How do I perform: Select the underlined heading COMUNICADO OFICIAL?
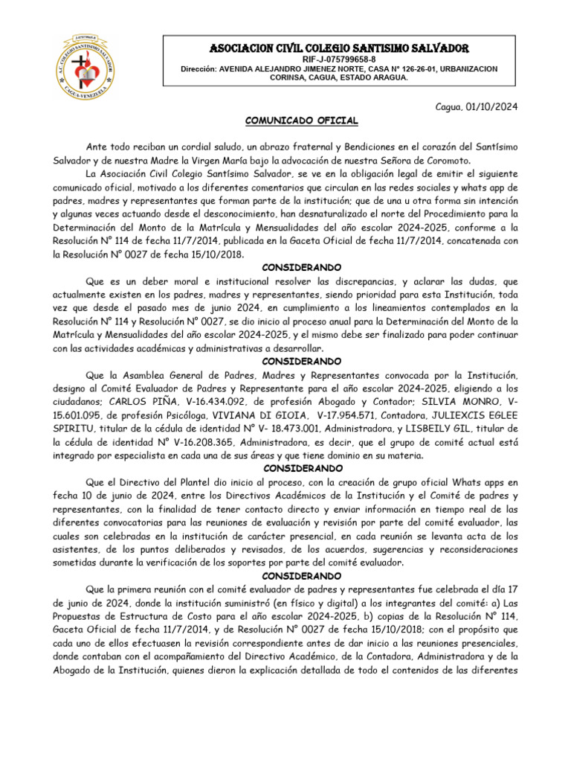point(302,121)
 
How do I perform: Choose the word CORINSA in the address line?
point(296,77)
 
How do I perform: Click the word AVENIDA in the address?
point(238,68)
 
